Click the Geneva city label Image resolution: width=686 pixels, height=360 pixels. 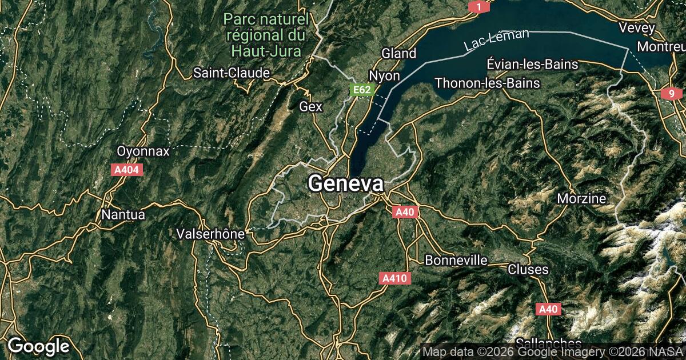346,183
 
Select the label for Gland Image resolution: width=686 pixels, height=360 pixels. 398,53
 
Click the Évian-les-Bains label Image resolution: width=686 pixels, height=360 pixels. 532,63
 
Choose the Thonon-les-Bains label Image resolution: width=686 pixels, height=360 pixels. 487,83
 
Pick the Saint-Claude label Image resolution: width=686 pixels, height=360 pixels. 232,73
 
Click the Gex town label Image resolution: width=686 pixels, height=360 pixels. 311,106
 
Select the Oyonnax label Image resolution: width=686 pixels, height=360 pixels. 143,151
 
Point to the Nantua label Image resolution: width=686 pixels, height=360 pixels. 123,215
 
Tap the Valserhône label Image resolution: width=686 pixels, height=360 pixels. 211,234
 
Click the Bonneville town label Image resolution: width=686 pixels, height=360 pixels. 456,260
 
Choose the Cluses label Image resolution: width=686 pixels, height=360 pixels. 528,269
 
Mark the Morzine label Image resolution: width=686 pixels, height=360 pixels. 582,198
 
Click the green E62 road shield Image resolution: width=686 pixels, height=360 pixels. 362,90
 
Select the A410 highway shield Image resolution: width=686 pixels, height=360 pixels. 394,278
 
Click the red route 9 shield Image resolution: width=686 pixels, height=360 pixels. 671,94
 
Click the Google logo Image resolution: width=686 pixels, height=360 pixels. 38,346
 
